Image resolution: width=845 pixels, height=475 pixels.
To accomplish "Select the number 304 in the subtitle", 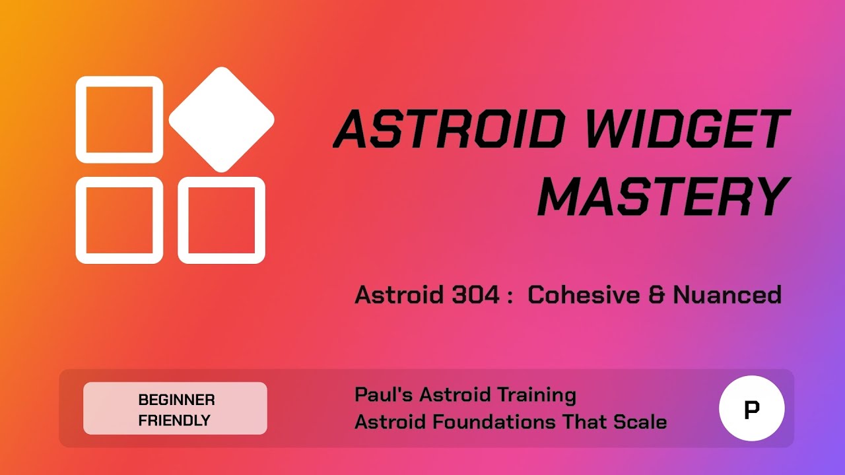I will coord(475,295).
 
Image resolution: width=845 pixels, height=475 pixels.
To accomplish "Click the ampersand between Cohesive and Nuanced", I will coord(656,295).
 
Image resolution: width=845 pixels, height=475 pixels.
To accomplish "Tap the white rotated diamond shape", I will coord(221,119).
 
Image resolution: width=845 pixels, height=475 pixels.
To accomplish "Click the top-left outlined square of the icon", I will coord(119,119).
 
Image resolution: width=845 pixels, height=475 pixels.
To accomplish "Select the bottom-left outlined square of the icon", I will coord(119,220).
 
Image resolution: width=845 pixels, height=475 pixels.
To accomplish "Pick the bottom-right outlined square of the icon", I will coord(221,220).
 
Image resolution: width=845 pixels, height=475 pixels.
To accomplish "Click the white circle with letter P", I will coord(751,408).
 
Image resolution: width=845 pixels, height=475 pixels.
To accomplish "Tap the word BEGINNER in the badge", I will coord(176,400).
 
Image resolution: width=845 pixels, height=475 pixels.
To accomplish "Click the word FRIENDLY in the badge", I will coord(174,420).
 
